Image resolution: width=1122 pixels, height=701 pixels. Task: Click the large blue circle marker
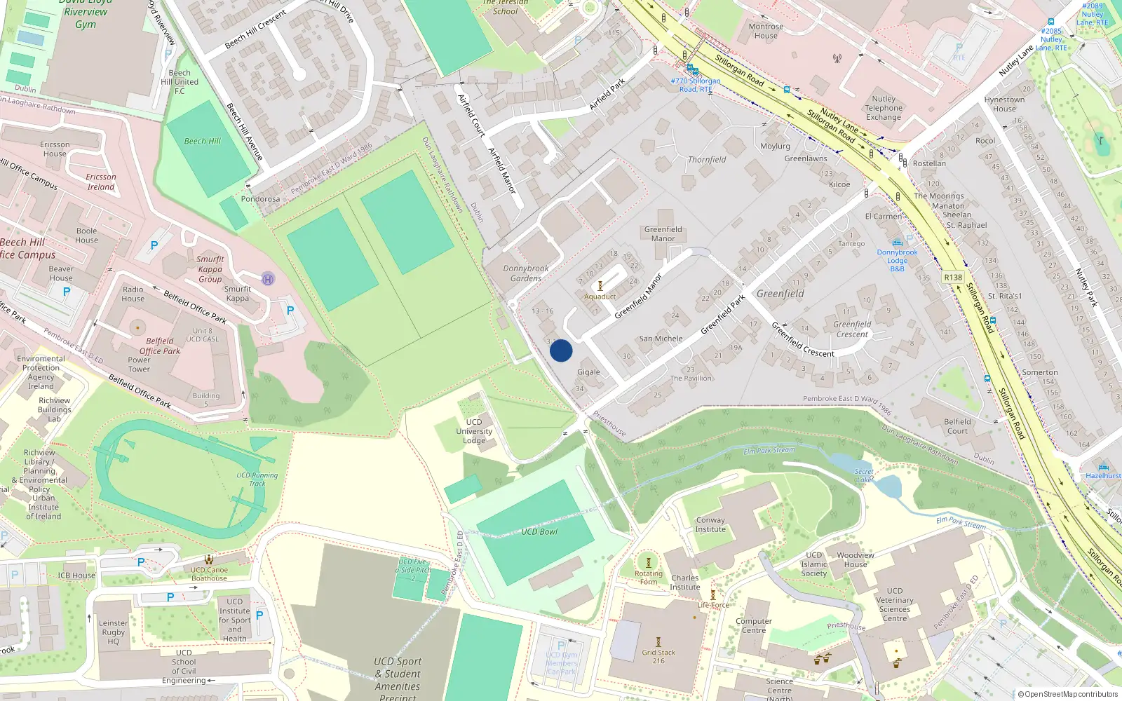561,350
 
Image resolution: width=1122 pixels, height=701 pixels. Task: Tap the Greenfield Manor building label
663,234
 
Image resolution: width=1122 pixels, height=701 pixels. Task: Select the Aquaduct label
600,297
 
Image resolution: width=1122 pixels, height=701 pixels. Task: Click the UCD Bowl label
539,531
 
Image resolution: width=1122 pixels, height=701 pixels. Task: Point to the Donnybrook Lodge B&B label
897,260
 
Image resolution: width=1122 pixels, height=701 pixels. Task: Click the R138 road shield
953,278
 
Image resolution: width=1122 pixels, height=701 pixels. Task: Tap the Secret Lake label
864,476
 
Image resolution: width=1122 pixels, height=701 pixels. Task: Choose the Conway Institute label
710,524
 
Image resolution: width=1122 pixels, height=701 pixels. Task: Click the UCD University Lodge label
474,431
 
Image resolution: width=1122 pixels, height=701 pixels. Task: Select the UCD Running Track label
257,479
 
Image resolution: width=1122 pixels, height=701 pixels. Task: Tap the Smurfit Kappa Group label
210,269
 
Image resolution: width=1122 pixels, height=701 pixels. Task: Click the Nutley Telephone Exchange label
884,108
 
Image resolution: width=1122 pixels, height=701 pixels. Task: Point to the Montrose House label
766,31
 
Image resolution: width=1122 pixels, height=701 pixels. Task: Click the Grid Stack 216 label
658,656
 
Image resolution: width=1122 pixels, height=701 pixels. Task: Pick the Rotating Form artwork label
649,578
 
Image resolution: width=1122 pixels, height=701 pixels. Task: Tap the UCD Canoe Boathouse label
209,574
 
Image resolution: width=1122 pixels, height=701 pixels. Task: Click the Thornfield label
707,160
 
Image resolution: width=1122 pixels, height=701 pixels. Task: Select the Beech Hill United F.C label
180,82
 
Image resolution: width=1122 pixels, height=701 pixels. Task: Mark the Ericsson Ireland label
101,182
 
